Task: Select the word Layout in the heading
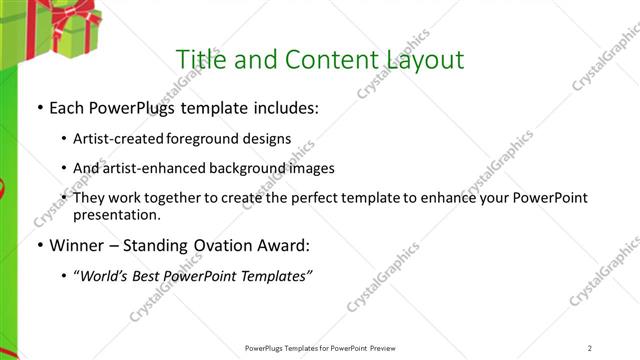pyautogui.click(x=424, y=60)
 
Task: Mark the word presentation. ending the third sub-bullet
pyautogui.click(x=116, y=214)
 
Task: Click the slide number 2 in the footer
pyautogui.click(x=590, y=348)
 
